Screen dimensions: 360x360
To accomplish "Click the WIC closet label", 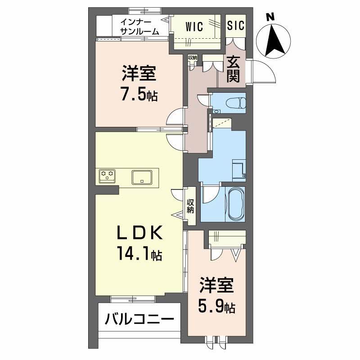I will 194,26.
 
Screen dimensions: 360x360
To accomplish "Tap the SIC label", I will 235,26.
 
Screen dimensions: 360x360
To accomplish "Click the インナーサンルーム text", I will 139,26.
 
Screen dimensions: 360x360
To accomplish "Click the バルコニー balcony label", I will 139,320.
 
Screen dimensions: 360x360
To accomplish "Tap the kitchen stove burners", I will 107,175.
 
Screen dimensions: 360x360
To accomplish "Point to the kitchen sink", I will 144,176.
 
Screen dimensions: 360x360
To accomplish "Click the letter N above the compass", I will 270,17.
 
